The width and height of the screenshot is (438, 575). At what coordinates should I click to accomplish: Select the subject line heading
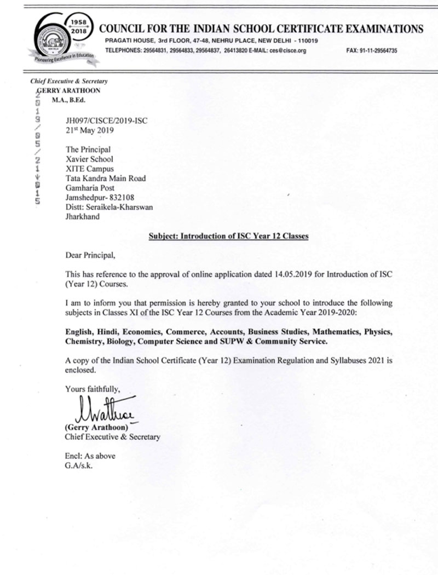229,236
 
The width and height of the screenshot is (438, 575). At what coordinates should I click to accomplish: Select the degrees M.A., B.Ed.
68,100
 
